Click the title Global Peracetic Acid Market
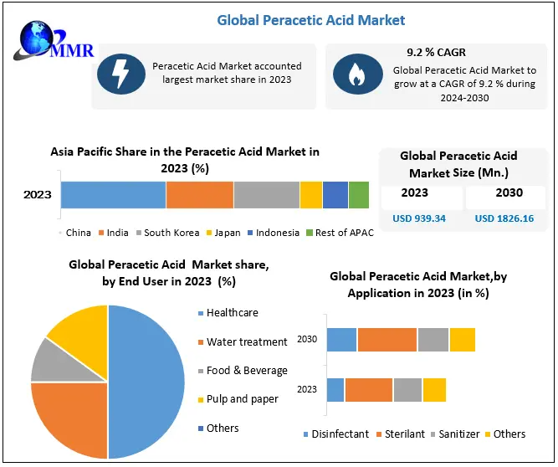coord(311,19)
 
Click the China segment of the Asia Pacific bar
coord(113,194)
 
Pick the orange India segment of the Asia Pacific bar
coord(199,194)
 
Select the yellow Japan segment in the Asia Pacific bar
coord(310,194)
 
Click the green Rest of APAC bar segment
coord(358,194)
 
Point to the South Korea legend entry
coord(170,233)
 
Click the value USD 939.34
coord(420,219)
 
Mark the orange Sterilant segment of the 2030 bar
coord(387,340)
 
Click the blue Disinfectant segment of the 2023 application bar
coord(335,390)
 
